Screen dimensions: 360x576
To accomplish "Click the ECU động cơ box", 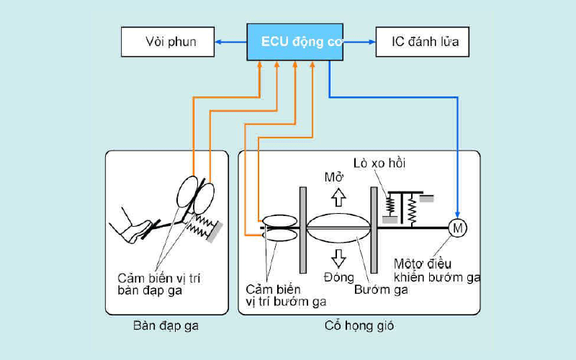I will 295,42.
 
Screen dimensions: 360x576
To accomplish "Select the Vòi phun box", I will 168,42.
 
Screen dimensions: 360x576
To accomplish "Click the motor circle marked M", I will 457,228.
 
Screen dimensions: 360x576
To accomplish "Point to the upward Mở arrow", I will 338,198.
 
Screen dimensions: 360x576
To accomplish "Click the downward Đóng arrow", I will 338,257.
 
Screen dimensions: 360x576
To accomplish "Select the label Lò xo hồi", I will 379,163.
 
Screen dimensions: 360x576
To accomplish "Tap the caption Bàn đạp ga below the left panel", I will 166,326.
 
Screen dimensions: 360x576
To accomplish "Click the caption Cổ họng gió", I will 359,326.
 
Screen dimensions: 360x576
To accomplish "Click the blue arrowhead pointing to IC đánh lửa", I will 371,42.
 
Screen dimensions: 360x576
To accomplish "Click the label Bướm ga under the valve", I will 381,289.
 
